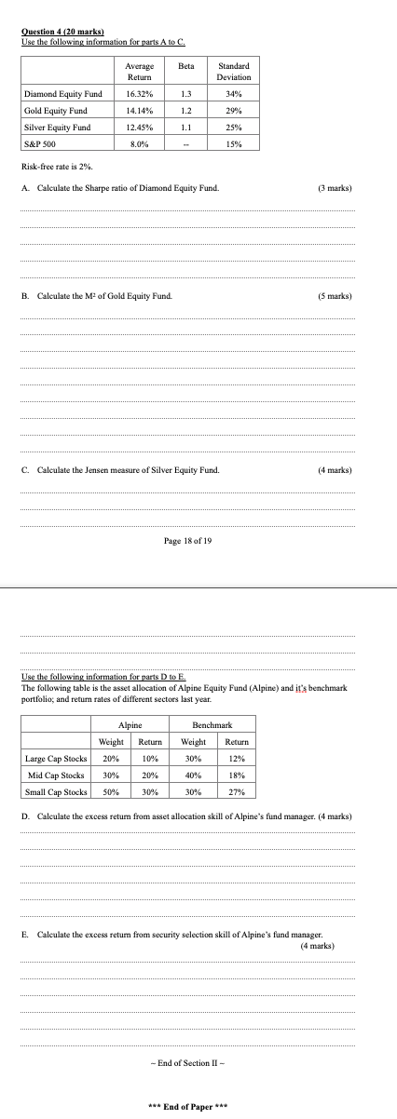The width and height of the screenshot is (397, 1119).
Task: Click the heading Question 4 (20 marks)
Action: pos(62,33)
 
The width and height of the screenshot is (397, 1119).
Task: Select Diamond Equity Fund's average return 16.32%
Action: pos(139,94)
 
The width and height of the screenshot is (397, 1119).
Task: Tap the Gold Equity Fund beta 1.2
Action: pos(185,111)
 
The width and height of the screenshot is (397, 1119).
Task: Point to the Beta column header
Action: pos(185,66)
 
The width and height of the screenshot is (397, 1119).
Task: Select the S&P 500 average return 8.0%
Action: pos(139,143)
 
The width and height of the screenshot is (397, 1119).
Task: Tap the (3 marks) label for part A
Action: pos(335,188)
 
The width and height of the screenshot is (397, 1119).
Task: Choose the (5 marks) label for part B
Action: pos(335,296)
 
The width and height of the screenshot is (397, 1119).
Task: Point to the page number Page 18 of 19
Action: pos(187,540)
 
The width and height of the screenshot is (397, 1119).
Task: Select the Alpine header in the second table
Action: pos(130,723)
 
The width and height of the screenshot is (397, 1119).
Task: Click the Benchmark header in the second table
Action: pos(211,723)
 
